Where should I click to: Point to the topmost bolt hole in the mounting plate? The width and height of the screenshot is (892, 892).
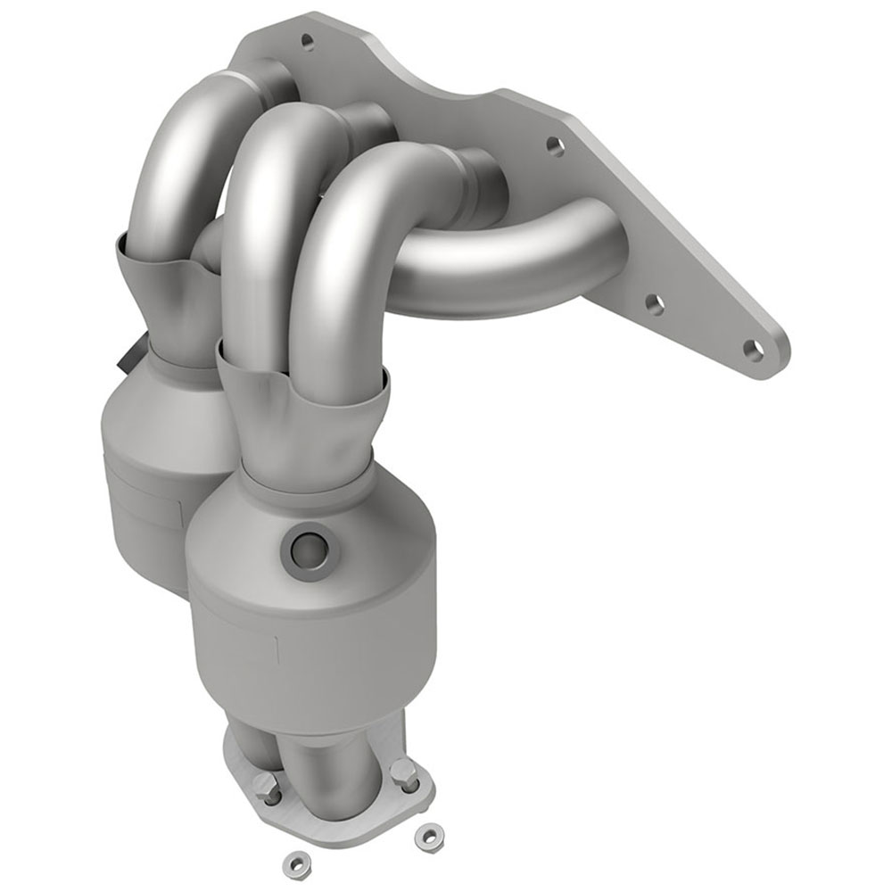(x=308, y=40)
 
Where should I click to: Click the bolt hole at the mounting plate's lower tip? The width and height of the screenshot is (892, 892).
(x=754, y=348)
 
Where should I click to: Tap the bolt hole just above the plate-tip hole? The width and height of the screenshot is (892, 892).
(x=654, y=304)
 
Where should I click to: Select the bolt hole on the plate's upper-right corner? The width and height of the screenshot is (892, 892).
(x=554, y=143)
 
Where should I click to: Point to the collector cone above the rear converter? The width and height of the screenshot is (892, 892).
(x=169, y=303)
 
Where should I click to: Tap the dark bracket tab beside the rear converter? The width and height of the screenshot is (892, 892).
(x=125, y=360)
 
